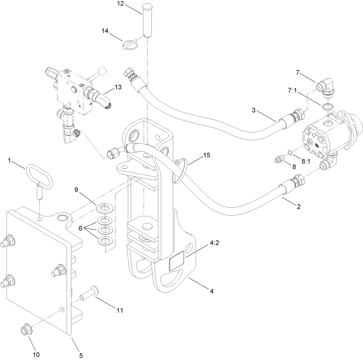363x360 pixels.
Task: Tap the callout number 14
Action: point(105,31)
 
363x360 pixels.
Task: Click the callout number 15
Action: point(206,155)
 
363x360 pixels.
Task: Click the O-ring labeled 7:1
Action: point(325,107)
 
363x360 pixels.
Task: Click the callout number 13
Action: point(118,87)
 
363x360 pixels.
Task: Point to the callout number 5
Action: point(81,355)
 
